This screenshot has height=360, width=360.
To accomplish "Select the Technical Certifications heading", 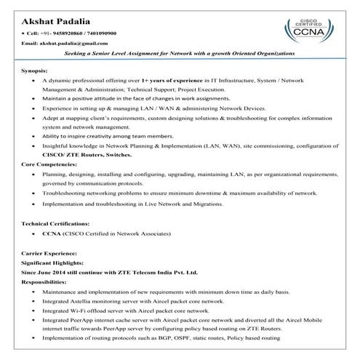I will tap(56, 223).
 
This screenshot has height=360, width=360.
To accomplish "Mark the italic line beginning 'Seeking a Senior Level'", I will tap(179, 55).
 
